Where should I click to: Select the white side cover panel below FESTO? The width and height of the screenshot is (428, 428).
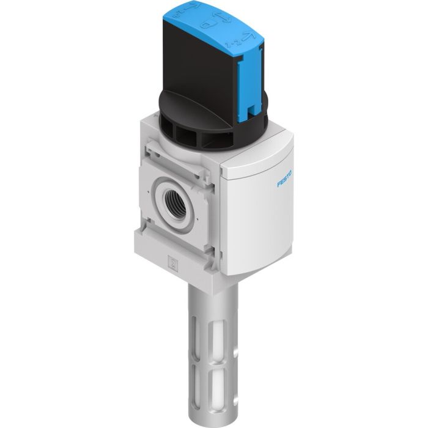pyautogui.click(x=263, y=226)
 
